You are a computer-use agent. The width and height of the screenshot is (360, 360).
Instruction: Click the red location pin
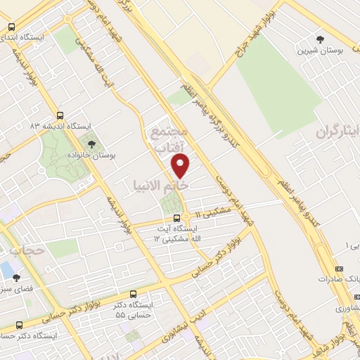(181, 166)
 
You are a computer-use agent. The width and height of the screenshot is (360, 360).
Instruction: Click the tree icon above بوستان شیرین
(321, 39)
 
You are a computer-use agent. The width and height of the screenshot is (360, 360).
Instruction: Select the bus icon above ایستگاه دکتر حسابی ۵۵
(134, 295)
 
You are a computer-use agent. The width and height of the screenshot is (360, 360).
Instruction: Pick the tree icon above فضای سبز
(16, 278)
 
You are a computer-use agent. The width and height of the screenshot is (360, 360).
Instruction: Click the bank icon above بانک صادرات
(340, 269)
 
